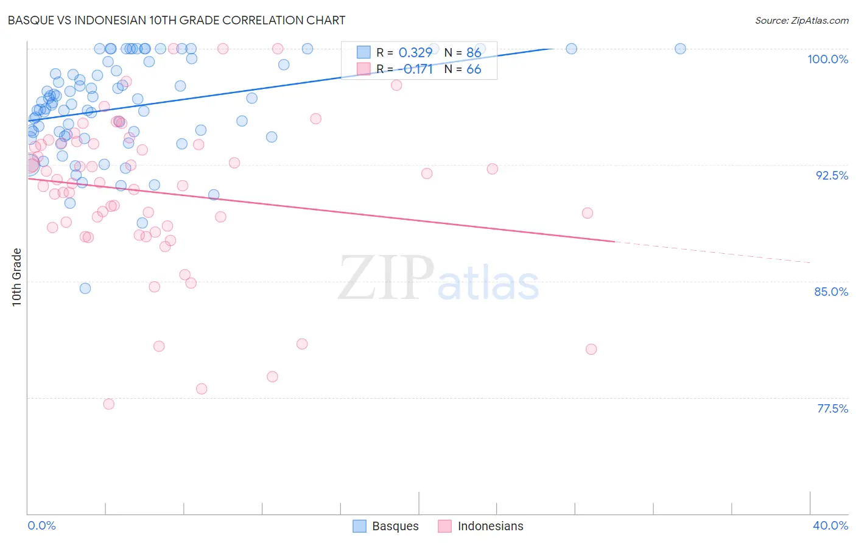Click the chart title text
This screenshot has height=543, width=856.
[x=177, y=20]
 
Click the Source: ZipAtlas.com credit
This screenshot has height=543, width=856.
[x=801, y=20]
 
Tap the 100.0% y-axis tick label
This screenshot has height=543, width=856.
[x=827, y=59]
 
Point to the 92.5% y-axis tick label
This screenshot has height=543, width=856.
[x=832, y=175]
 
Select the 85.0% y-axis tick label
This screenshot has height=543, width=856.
[x=831, y=292]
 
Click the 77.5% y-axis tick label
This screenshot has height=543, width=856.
[x=832, y=408]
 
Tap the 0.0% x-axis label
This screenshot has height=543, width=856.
[x=41, y=525]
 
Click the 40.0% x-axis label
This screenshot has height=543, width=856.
[x=830, y=525]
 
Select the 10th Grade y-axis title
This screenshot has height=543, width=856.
[x=17, y=277]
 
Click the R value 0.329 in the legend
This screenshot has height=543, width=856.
[x=415, y=53]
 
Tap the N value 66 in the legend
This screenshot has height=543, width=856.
[x=474, y=69]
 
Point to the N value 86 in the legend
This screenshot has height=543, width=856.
[x=474, y=53]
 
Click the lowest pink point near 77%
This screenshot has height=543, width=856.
[x=109, y=404]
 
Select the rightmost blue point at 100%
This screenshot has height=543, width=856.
[x=680, y=49]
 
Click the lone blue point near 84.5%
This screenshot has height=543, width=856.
[x=85, y=289]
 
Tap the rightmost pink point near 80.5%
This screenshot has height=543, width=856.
[x=591, y=349]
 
